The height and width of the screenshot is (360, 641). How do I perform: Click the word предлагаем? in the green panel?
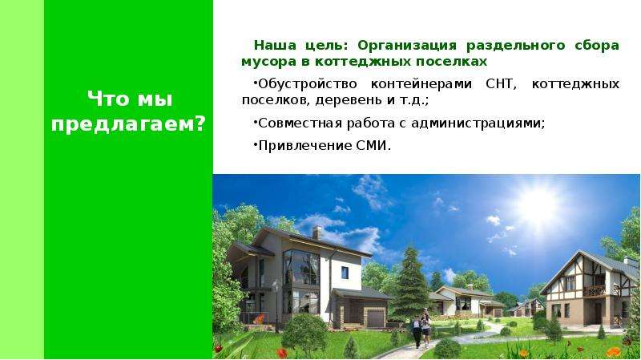pyautogui.click(x=128, y=123)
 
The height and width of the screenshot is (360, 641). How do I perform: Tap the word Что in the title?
pyautogui.click(x=107, y=99)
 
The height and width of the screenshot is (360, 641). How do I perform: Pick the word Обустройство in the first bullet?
pyautogui.click(x=308, y=85)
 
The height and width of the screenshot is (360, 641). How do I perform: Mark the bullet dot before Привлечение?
pyautogui.click(x=255, y=143)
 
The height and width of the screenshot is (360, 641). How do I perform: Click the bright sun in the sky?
pyautogui.click(x=537, y=207)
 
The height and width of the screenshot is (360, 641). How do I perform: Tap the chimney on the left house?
pyautogui.click(x=316, y=233)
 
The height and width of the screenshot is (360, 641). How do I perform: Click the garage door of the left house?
pyautogui.click(x=375, y=318)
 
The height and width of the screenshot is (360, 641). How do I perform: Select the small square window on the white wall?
pyautogui.click(x=345, y=273)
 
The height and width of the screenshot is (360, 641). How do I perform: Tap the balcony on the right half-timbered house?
pyautogui.click(x=595, y=291)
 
